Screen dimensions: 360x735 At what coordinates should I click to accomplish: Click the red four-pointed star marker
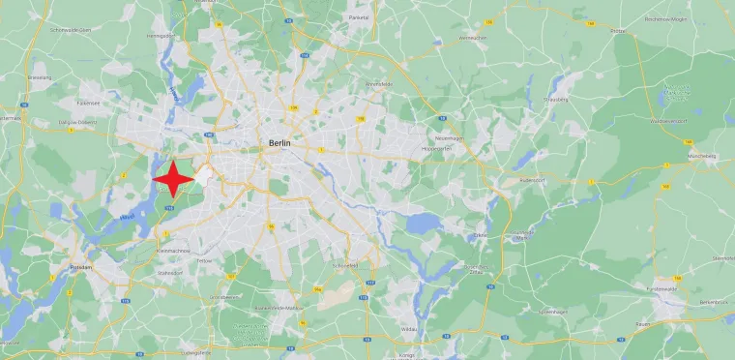click(174, 180)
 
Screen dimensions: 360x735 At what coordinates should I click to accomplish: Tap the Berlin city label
click(279, 143)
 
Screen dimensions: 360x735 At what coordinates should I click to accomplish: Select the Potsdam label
click(79, 266)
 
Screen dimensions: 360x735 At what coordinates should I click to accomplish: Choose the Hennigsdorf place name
click(160, 62)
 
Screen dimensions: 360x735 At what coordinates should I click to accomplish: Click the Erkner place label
click(480, 235)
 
